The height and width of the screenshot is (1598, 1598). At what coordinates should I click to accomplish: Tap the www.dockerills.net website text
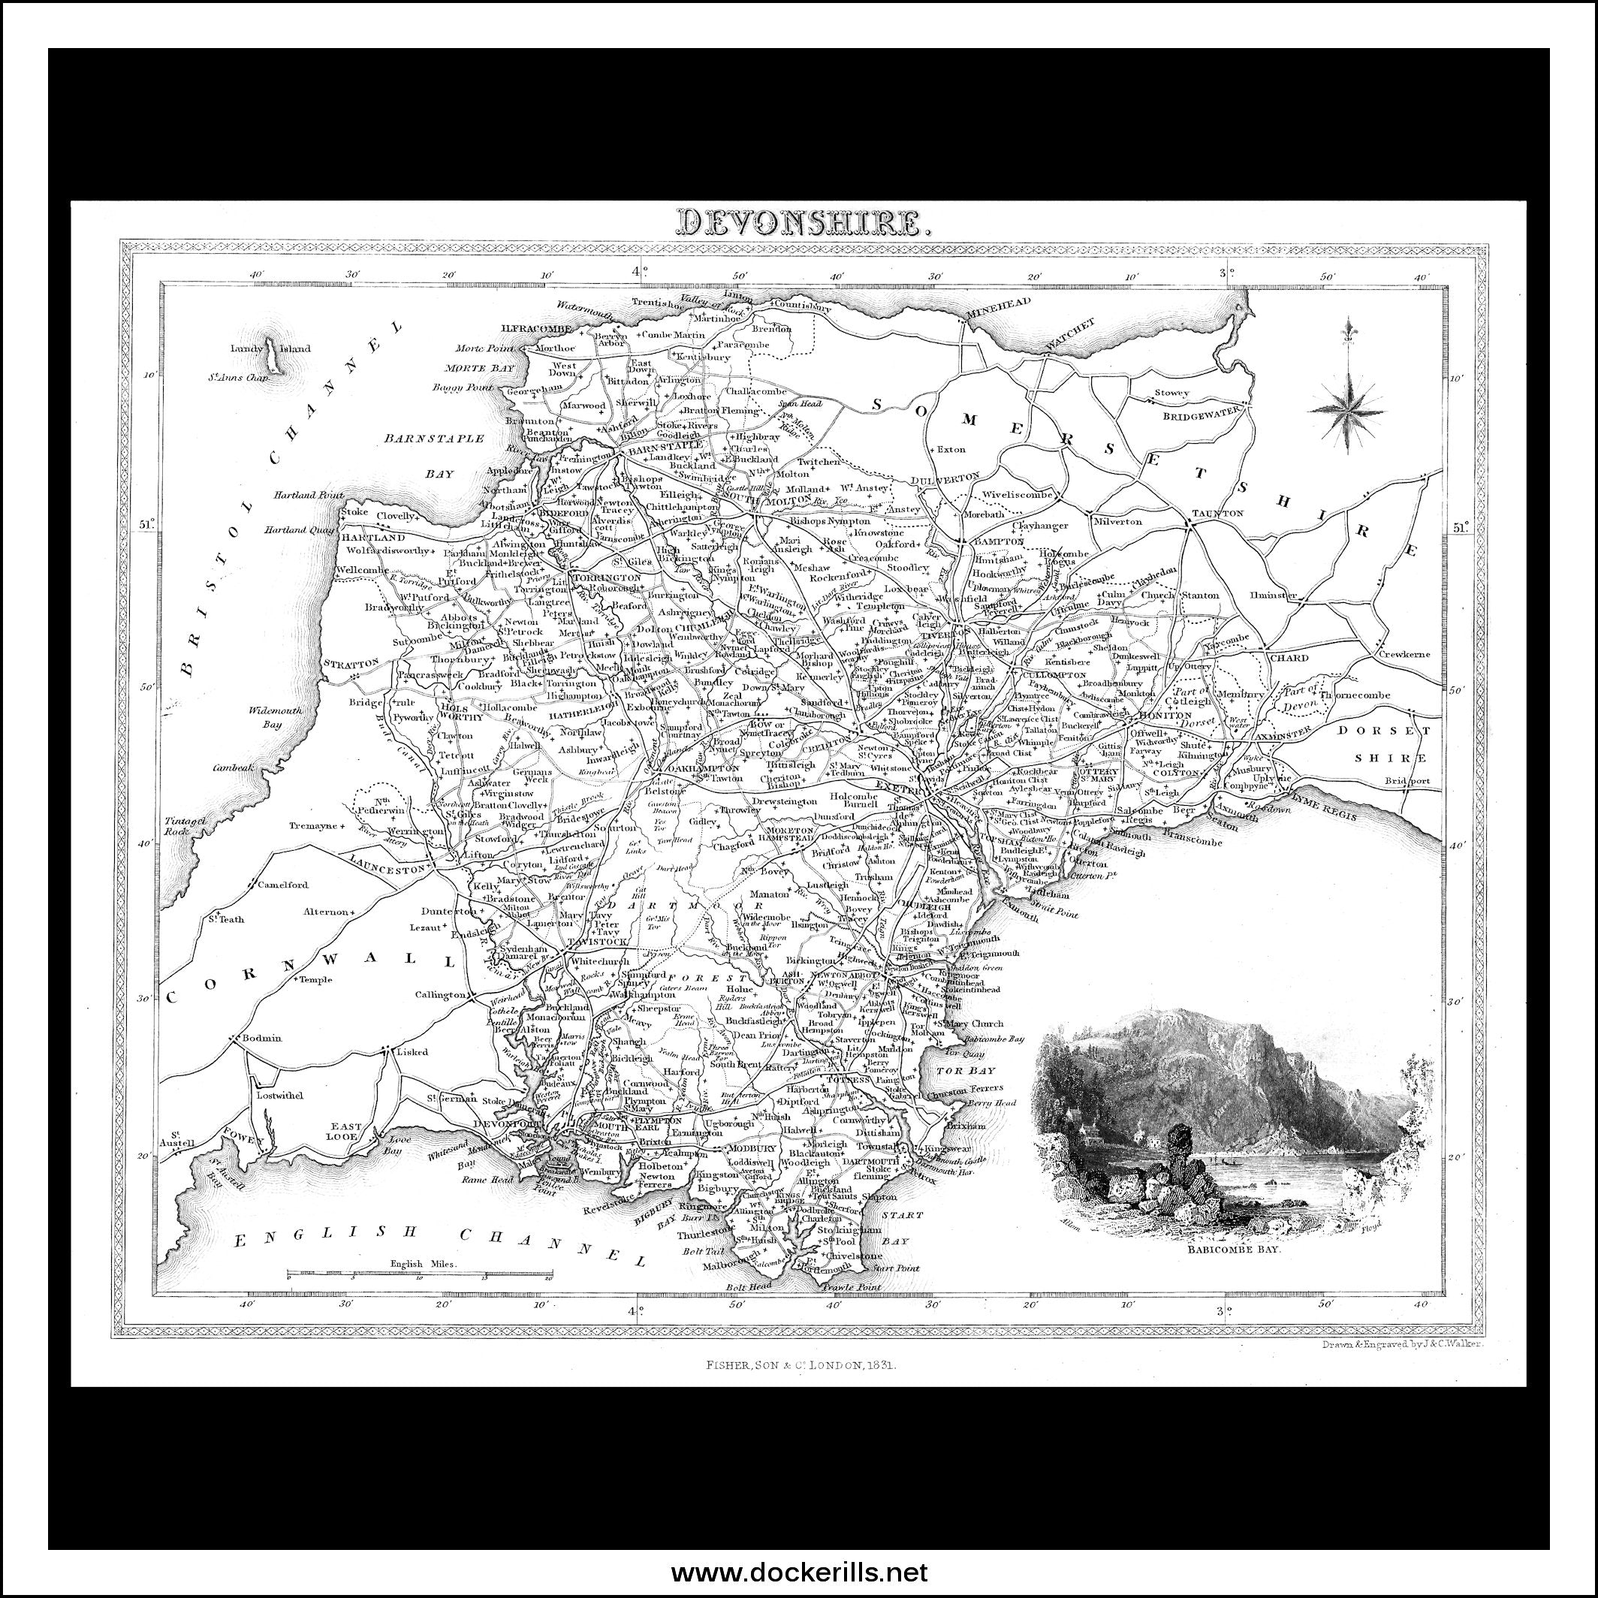(x=799, y=1572)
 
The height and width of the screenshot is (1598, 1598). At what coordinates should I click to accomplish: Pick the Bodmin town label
(x=261, y=1038)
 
